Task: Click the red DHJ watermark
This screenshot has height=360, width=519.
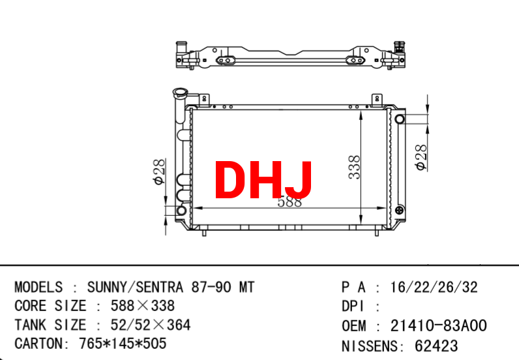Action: (263, 179)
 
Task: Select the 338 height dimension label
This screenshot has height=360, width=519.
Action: (354, 167)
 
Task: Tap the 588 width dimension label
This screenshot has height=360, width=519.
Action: (289, 202)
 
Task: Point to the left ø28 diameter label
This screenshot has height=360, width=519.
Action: (158, 172)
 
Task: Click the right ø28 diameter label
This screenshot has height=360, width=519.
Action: (421, 157)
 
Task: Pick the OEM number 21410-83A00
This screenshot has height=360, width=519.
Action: (439, 325)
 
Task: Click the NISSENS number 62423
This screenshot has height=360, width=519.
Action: (436, 346)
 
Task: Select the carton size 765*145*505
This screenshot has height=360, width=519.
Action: (123, 344)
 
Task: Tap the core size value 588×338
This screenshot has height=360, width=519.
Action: (143, 306)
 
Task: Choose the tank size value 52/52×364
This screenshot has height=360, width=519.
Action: (151, 325)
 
